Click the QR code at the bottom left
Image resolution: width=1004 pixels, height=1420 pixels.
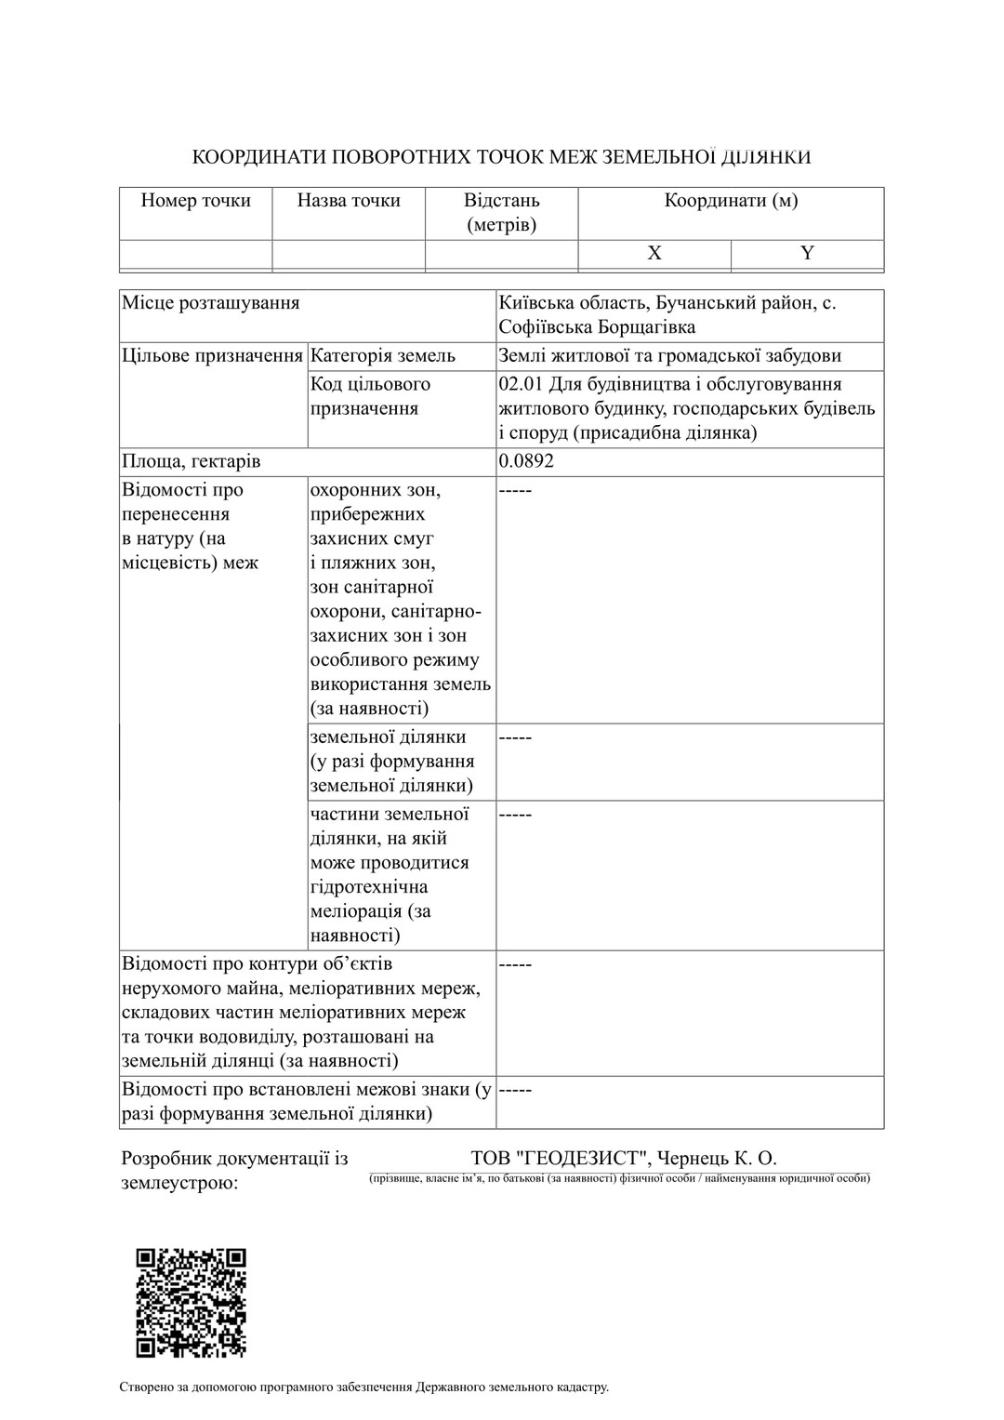click(x=192, y=1302)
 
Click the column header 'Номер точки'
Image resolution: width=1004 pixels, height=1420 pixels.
click(x=195, y=201)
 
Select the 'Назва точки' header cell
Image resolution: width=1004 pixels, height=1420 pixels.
click(x=349, y=201)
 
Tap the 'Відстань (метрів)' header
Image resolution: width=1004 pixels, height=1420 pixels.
click(x=501, y=213)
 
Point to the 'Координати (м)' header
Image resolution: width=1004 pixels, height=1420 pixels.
click(x=731, y=201)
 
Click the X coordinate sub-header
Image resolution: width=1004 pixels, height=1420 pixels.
click(x=654, y=254)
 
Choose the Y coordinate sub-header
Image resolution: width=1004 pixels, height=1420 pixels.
click(x=807, y=254)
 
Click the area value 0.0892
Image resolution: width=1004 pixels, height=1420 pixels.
click(x=526, y=462)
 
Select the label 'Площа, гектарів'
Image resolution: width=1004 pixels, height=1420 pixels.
click(x=192, y=462)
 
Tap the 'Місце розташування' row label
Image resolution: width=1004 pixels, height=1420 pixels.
click(x=211, y=303)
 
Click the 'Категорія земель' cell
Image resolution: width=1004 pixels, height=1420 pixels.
click(x=383, y=356)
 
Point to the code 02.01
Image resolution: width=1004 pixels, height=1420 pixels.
click(x=522, y=385)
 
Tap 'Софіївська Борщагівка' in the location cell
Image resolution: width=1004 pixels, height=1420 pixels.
click(x=597, y=327)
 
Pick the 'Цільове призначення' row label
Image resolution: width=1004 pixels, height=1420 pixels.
click(x=213, y=356)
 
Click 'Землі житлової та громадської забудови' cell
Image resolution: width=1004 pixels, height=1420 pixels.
click(x=669, y=356)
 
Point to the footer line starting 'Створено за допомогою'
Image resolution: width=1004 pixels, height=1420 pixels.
click(x=363, y=1387)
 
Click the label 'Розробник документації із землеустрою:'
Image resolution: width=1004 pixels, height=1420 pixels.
click(x=234, y=1171)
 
